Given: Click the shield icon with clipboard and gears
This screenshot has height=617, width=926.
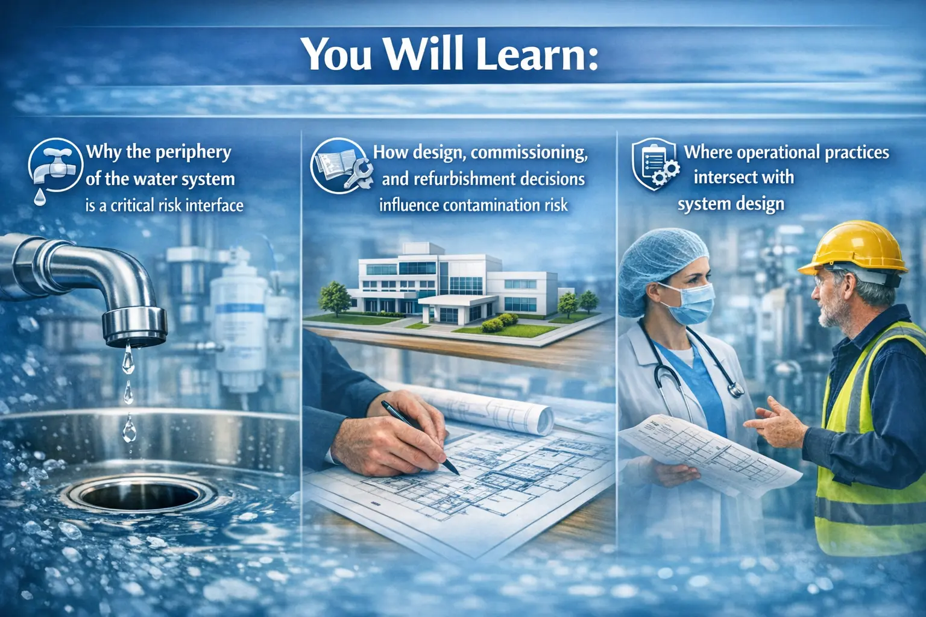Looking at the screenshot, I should coord(655,164).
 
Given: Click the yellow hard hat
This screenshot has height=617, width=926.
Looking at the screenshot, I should coord(856,247).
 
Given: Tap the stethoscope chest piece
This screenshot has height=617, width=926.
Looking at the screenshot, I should coord(735,390).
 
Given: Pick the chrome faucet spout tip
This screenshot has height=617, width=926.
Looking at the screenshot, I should coord(134,329).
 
